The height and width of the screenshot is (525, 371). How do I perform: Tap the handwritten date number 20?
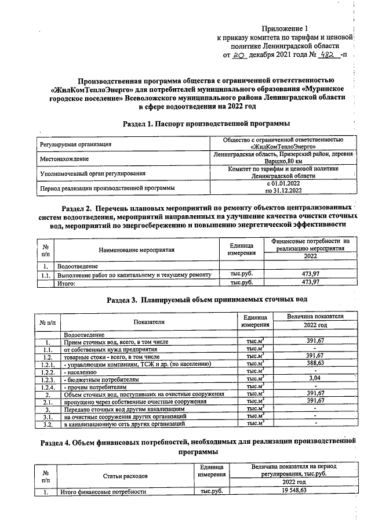[x=239, y=56]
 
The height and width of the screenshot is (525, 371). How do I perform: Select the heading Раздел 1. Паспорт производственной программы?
[x=206, y=124]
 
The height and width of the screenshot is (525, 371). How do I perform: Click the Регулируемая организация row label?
[x=75, y=144]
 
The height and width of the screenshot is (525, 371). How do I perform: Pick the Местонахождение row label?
[x=64, y=158]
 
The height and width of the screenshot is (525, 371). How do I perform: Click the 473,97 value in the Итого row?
[x=311, y=283]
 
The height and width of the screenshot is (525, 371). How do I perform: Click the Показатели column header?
[x=149, y=321]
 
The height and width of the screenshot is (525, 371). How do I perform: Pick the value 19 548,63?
[x=293, y=491]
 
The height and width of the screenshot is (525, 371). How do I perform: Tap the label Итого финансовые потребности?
[x=103, y=492]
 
